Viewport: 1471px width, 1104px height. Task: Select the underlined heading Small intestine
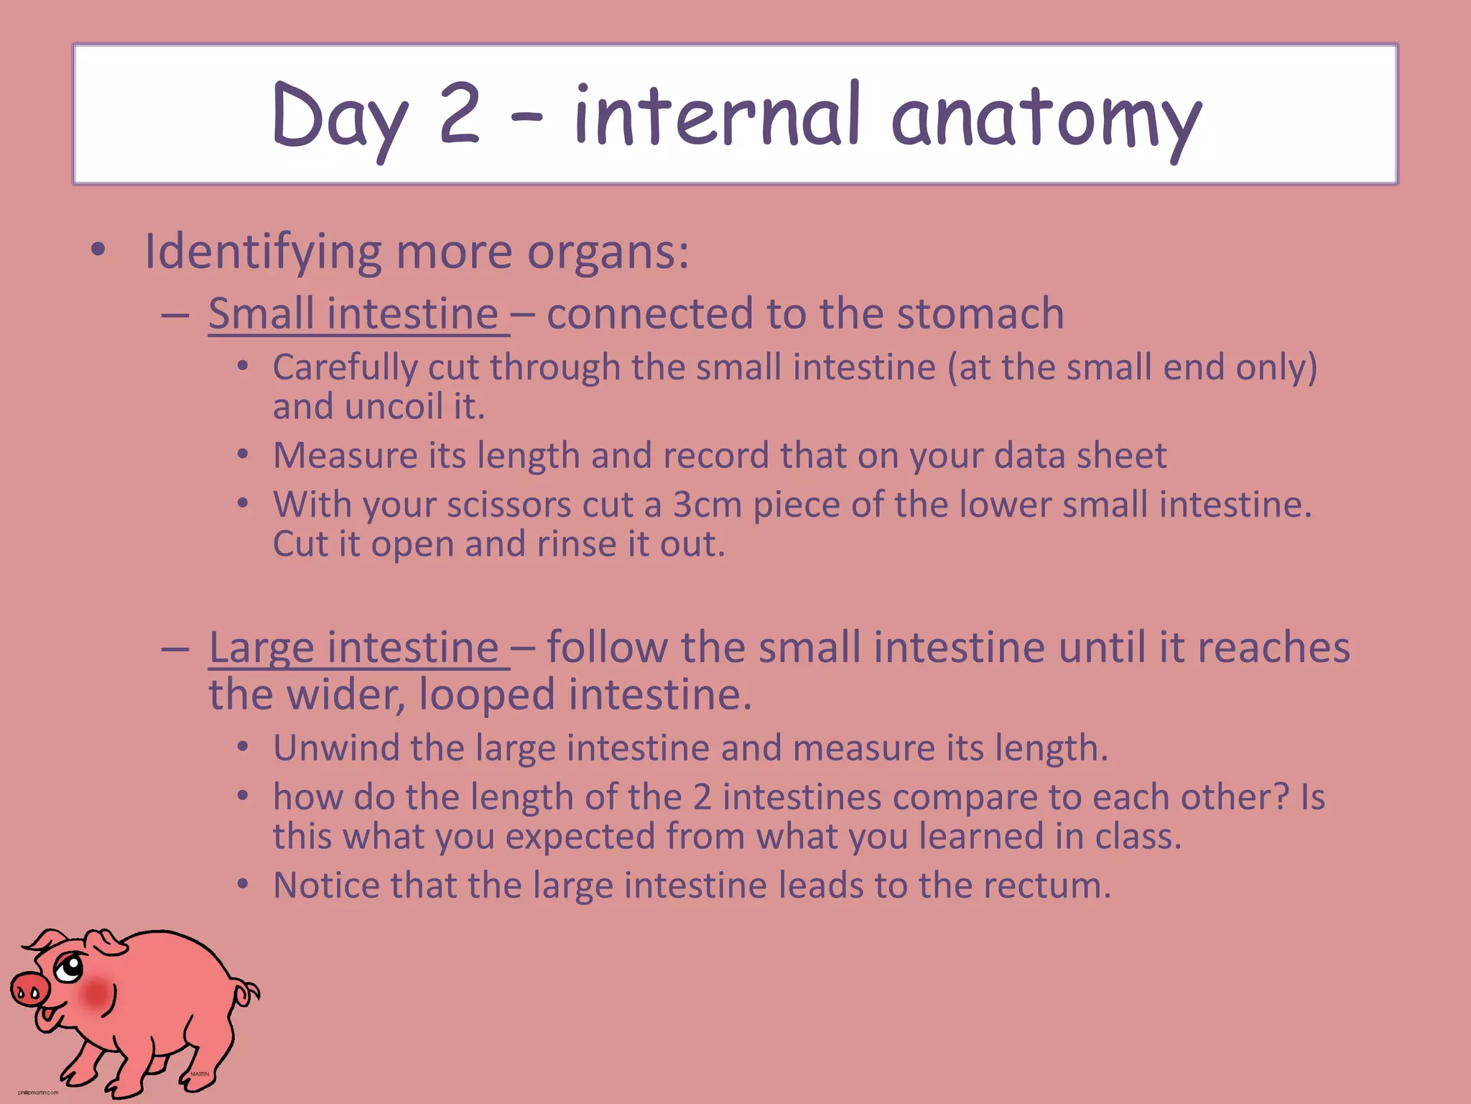(353, 314)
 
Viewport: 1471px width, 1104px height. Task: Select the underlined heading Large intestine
(353, 648)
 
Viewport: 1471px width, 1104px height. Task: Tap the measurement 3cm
(707, 505)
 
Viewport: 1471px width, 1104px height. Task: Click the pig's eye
(70, 968)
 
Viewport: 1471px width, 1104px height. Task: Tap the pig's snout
(29, 990)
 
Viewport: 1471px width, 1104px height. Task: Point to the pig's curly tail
(247, 994)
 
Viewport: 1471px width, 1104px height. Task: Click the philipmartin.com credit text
(38, 1092)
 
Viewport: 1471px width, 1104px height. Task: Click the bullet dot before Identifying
(98, 251)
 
